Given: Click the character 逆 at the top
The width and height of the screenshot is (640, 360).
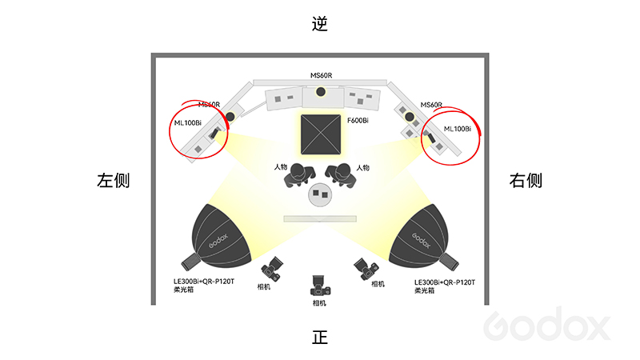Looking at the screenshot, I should pyautogui.click(x=320, y=24).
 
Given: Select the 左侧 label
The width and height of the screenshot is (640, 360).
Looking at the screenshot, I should pyautogui.click(x=113, y=181).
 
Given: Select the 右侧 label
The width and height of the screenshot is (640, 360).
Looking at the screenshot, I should pyautogui.click(x=526, y=181).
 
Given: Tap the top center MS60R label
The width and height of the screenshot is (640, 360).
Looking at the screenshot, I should pyautogui.click(x=321, y=76).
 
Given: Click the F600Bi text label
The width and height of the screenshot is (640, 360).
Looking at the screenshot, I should pyautogui.click(x=358, y=120).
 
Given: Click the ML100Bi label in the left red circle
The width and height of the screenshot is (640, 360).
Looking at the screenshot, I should pyautogui.click(x=188, y=122).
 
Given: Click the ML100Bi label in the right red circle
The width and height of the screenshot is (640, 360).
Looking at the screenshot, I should pyautogui.click(x=457, y=128).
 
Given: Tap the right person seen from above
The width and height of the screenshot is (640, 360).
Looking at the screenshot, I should pyautogui.click(x=342, y=174).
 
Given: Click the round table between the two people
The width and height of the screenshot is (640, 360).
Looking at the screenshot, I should pyautogui.click(x=321, y=194).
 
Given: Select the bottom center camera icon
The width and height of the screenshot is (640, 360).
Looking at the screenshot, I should pyautogui.click(x=320, y=286).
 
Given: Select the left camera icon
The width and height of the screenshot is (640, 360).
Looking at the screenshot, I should pyautogui.click(x=273, y=269).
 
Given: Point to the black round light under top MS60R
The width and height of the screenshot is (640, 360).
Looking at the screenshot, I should pyautogui.click(x=321, y=90).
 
